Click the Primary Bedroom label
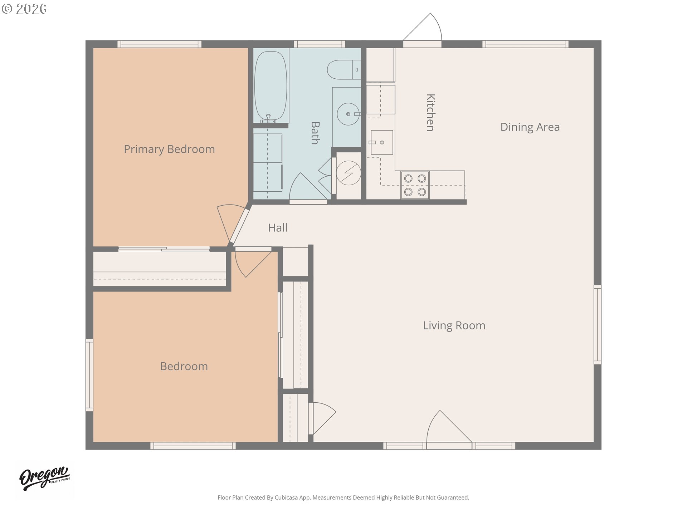(x=169, y=149)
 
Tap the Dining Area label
(x=530, y=127)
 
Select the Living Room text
(x=454, y=325)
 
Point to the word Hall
(x=278, y=228)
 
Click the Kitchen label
(x=431, y=113)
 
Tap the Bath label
(x=315, y=133)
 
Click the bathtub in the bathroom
(x=271, y=86)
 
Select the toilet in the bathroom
(x=344, y=70)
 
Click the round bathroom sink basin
(x=348, y=114)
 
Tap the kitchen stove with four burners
(x=415, y=185)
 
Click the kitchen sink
(x=382, y=142)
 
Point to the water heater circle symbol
(x=349, y=173)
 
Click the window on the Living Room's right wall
(x=598, y=325)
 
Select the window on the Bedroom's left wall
(x=89, y=375)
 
